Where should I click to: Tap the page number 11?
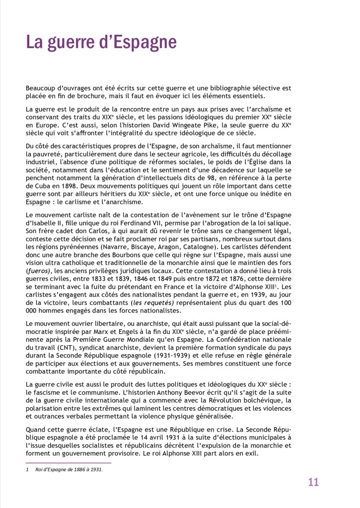click(313, 482)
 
